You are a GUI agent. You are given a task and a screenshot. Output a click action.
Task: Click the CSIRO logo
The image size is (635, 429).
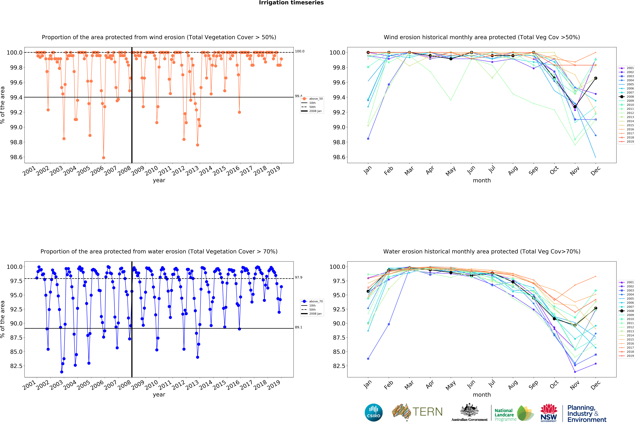point(373,412)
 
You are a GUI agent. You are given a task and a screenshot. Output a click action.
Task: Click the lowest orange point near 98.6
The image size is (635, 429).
point(104,158)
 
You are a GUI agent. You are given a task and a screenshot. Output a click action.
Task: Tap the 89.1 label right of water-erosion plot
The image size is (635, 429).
point(298,327)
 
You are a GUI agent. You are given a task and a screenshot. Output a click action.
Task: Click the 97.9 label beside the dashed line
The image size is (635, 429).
point(298,277)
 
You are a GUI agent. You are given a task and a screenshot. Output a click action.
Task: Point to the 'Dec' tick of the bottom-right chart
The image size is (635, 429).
point(595,385)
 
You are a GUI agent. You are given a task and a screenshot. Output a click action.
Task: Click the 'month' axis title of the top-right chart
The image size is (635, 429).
point(482,180)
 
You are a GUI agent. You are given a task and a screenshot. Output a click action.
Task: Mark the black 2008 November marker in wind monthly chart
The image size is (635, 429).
point(575,107)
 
